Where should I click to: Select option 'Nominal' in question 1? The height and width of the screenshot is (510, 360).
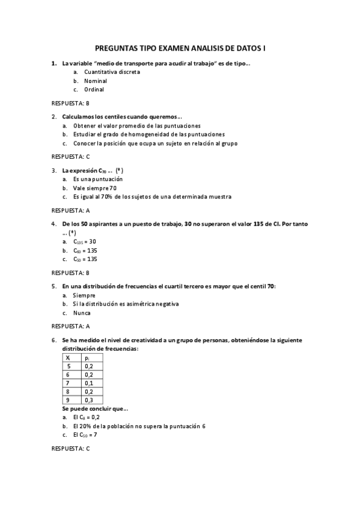(x=96, y=81)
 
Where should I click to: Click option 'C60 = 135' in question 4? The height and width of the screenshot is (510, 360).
(x=85, y=250)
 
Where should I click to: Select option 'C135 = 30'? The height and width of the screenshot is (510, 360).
(x=85, y=241)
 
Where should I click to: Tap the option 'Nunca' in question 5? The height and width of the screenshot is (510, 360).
(x=83, y=313)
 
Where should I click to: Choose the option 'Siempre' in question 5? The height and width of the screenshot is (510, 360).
(x=85, y=295)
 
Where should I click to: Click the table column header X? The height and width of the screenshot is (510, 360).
(x=68, y=357)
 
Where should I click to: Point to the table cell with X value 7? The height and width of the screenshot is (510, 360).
(x=69, y=382)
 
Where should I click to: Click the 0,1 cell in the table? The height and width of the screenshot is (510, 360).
(x=89, y=382)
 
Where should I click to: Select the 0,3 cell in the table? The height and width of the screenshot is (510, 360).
(x=89, y=400)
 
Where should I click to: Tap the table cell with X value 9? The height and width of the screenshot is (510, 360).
(x=69, y=400)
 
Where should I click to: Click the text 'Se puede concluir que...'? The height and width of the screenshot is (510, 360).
(x=95, y=408)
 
